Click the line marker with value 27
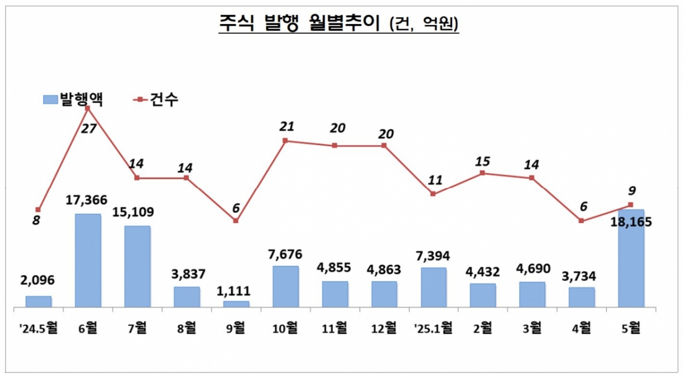[x=88, y=108]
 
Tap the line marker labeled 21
[x=286, y=140]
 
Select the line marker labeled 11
[x=433, y=194]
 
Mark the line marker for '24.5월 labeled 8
[x=38, y=210]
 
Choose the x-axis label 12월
[x=384, y=327]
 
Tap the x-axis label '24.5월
[x=38, y=327]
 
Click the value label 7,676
[x=286, y=254]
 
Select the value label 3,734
[x=581, y=276]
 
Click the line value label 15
[x=482, y=161]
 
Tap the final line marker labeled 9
[x=630, y=204]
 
